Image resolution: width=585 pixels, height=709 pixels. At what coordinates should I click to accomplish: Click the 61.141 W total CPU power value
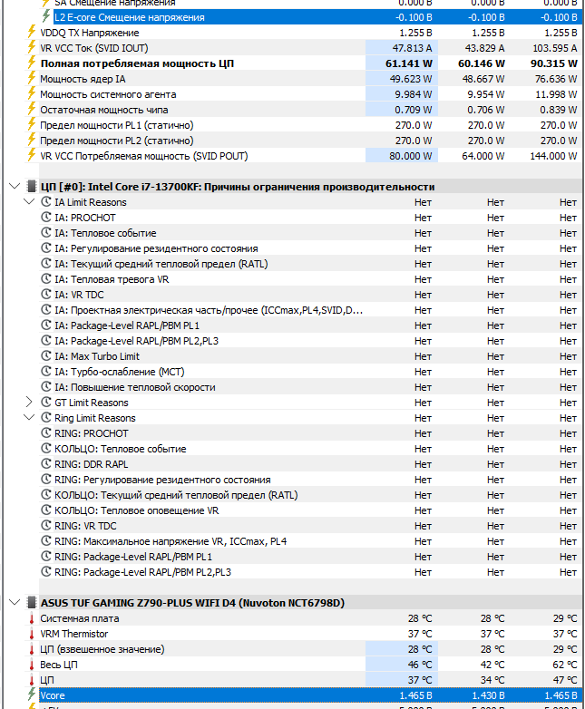[409, 63]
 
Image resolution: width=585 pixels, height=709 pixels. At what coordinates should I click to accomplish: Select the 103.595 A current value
[553, 48]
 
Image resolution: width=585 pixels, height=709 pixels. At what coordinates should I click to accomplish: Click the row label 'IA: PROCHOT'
[85, 218]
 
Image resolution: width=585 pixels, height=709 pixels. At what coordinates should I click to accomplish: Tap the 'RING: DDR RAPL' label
[92, 464]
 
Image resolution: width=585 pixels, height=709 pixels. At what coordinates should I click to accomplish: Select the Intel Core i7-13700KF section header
[238, 187]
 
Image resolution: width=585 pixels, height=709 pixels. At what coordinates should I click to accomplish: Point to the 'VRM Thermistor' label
[74, 634]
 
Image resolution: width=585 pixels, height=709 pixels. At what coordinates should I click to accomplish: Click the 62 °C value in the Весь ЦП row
[565, 665]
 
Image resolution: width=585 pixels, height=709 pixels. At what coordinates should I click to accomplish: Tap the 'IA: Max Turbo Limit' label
[97, 356]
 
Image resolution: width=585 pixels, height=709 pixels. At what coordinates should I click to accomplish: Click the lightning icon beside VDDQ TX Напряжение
[33, 33]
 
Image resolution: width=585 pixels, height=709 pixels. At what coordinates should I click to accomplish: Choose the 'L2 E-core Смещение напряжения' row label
[116, 17]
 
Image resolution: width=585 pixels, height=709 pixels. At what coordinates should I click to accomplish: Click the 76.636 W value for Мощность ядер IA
[552, 79]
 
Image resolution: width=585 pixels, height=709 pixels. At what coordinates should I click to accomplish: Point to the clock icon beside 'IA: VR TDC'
[46, 295]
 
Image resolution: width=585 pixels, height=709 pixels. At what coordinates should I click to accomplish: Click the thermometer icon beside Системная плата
[33, 618]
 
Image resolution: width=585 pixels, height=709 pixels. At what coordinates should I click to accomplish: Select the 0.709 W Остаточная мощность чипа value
[413, 110]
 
